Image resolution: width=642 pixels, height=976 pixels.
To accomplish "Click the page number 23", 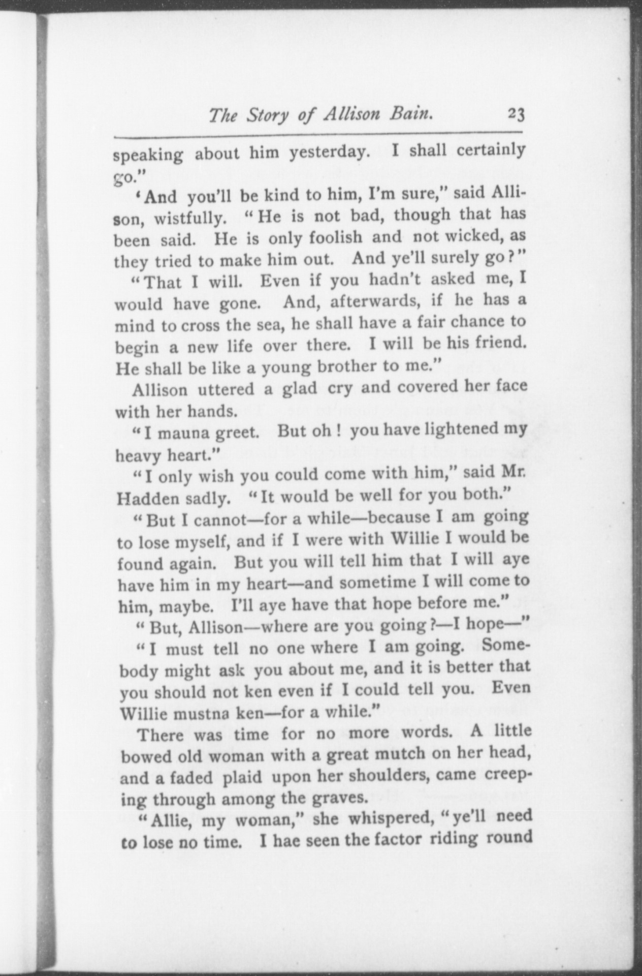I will [515, 115].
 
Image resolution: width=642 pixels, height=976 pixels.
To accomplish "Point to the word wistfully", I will [190, 219].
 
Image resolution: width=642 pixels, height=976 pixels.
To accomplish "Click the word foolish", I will [336, 237].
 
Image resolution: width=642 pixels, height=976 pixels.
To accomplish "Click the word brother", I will [348, 367].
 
